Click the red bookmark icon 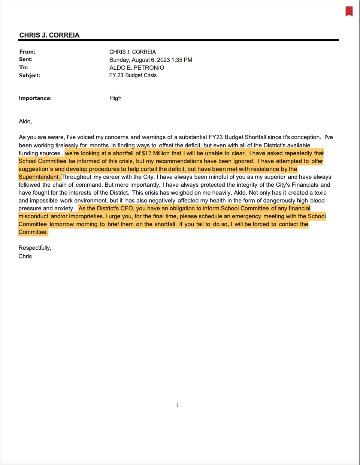click(349, 11)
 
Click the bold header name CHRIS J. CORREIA click(49, 35)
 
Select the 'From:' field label click(27, 52)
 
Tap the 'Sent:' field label click(25, 59)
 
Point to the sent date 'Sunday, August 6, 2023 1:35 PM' click(151, 60)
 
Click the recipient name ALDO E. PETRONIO click(136, 68)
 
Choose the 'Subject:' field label click(29, 75)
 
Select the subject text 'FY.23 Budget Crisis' click(133, 75)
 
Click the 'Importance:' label click(35, 98)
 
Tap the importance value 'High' click(115, 98)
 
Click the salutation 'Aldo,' click(25, 121)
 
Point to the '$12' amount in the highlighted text click(146, 153)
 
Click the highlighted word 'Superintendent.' click(39, 177)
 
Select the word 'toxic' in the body click(320, 193)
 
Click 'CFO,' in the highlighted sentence click(127, 208)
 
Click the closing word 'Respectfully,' click(35, 248)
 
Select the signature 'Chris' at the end click(25, 256)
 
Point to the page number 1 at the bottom click(177, 405)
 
